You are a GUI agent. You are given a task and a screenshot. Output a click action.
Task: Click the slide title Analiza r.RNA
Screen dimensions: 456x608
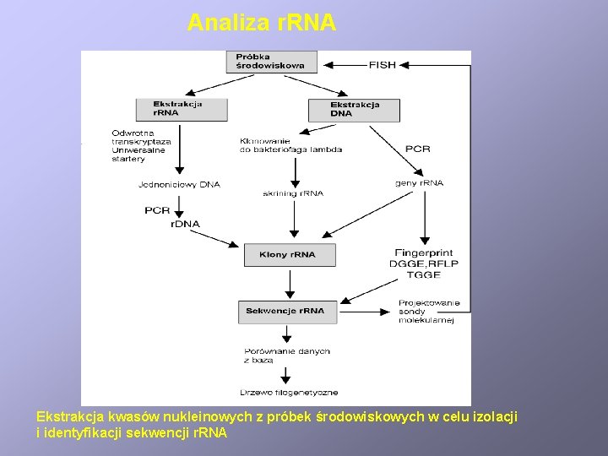pyautogui.click(x=262, y=23)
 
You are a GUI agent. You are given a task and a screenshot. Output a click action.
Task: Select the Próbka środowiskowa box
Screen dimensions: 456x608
pyautogui.click(x=270, y=61)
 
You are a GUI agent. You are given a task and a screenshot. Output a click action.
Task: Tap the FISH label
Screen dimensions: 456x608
pyautogui.click(x=382, y=64)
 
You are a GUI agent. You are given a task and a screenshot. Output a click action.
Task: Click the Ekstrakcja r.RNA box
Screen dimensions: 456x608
pyautogui.click(x=182, y=109)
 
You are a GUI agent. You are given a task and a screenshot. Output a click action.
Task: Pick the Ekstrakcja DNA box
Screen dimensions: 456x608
pyautogui.click(x=354, y=110)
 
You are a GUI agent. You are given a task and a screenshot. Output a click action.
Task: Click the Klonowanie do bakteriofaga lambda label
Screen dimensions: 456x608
pyautogui.click(x=291, y=144)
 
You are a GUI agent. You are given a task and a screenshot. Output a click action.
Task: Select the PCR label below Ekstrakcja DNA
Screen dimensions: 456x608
pyautogui.click(x=417, y=149)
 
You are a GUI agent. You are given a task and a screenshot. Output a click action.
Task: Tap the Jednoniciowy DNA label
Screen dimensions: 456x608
pyautogui.click(x=179, y=184)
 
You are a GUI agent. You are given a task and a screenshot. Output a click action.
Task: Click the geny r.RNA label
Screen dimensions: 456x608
pyautogui.click(x=419, y=183)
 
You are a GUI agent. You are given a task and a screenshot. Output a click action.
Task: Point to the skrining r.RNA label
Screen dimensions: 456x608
pyautogui.click(x=292, y=193)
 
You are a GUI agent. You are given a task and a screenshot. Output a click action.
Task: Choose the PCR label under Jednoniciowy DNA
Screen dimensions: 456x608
pyautogui.click(x=157, y=210)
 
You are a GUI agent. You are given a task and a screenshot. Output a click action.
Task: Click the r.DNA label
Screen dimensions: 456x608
pyautogui.click(x=185, y=224)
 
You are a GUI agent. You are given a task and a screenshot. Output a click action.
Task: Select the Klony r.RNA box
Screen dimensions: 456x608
pyautogui.click(x=290, y=254)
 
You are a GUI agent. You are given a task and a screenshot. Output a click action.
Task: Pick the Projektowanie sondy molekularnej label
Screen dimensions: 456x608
pyautogui.click(x=429, y=312)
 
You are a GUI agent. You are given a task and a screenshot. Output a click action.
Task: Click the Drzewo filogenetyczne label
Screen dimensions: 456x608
pyautogui.click(x=289, y=392)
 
